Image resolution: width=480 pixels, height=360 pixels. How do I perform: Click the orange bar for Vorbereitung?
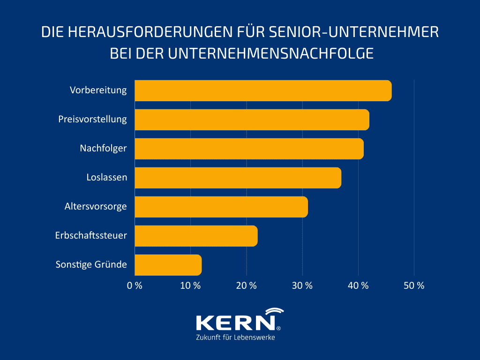[263, 90]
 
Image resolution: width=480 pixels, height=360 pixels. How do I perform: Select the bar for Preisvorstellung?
[252, 120]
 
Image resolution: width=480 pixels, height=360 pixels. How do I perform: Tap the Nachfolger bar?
[249, 149]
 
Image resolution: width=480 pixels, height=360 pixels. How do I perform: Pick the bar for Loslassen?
[238, 178]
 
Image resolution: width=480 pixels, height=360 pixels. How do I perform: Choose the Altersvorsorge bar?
[221, 207]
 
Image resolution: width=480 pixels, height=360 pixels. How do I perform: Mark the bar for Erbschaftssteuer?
[196, 236]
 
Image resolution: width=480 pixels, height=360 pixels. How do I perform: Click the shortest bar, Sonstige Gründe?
[168, 265]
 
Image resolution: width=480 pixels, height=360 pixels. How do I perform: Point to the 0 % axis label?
[135, 285]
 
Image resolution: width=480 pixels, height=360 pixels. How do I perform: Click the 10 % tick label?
[190, 285]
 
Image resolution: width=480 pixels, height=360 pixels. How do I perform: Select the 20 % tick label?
[246, 285]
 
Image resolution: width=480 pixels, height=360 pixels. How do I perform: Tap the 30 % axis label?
[302, 285]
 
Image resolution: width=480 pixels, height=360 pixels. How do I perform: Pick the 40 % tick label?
[358, 285]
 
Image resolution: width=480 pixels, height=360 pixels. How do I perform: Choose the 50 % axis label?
[414, 285]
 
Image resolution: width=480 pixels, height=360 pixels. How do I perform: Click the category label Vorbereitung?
[98, 90]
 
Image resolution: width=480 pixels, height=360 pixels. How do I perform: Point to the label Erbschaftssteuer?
[91, 235]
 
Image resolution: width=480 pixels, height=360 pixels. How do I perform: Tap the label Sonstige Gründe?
[91, 264]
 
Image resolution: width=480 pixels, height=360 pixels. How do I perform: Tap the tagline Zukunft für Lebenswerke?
[235, 338]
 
